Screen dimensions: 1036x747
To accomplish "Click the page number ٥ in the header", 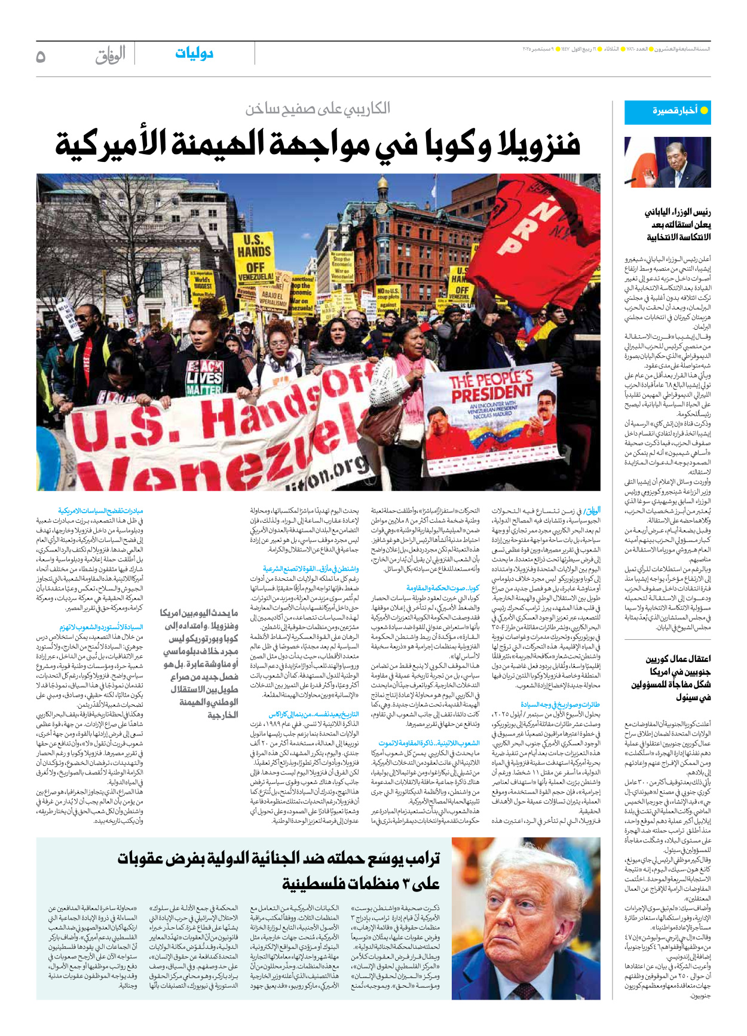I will pyautogui.click(x=41, y=56).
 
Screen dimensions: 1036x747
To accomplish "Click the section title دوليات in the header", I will pyautogui.click(x=194, y=54).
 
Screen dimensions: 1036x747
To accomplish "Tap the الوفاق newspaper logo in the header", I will pyautogui.click(x=111, y=55).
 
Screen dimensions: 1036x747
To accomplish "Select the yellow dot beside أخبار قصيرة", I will pyautogui.click(x=703, y=111).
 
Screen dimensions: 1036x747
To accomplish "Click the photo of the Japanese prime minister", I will pyautogui.click(x=668, y=162).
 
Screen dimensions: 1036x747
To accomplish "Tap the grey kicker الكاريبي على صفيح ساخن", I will pyautogui.click(x=317, y=108).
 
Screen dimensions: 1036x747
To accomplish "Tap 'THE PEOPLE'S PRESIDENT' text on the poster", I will pyautogui.click(x=491, y=387).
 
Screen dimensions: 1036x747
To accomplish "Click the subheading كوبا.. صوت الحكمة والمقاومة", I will pyautogui.click(x=443, y=589).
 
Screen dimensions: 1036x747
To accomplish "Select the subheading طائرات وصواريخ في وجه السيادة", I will pyautogui.click(x=560, y=704).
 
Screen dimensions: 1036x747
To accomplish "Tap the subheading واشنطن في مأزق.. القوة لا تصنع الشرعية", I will pyautogui.click(x=311, y=569).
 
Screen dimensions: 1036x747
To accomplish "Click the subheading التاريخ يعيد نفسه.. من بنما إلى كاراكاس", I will pyautogui.click(x=313, y=714).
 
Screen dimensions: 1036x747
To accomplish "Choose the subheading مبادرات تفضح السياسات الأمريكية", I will pyautogui.click(x=100, y=511).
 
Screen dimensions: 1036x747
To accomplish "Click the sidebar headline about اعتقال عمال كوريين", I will pyautogui.click(x=671, y=678).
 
